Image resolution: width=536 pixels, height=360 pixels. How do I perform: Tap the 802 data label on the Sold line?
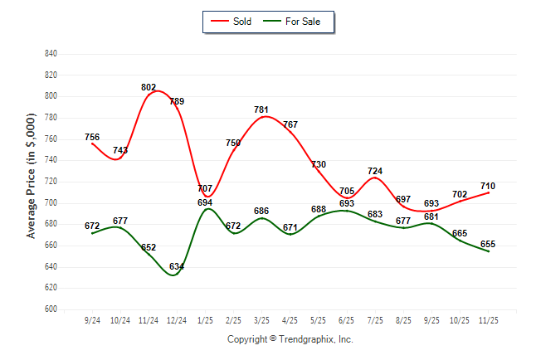tap(149, 87)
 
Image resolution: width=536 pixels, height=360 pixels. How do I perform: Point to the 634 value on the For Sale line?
tap(177, 267)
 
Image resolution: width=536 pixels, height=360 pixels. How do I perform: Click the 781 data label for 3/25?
tap(262, 109)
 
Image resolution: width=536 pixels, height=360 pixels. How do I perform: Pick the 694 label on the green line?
tap(205, 203)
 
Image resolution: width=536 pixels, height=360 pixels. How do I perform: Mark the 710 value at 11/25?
tap(488, 186)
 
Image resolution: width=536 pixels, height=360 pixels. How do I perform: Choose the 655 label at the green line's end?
tap(488, 244)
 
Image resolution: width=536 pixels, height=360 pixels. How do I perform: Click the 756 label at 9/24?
tap(92, 138)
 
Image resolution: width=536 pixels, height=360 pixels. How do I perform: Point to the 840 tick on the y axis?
tap(51, 54)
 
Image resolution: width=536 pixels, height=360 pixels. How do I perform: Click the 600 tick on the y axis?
tap(51, 309)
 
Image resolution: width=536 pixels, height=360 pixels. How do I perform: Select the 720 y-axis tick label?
tap(51, 182)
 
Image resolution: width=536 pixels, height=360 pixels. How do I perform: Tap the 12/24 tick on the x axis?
tap(177, 319)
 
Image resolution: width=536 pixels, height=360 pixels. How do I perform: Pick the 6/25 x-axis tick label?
tap(347, 319)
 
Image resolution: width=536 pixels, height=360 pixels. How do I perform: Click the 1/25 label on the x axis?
tap(205, 319)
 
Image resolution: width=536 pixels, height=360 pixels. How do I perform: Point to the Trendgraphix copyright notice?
tap(290, 339)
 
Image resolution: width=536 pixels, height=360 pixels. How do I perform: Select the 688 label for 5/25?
tap(319, 209)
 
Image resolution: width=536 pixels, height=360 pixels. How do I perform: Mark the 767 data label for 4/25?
tap(290, 124)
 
